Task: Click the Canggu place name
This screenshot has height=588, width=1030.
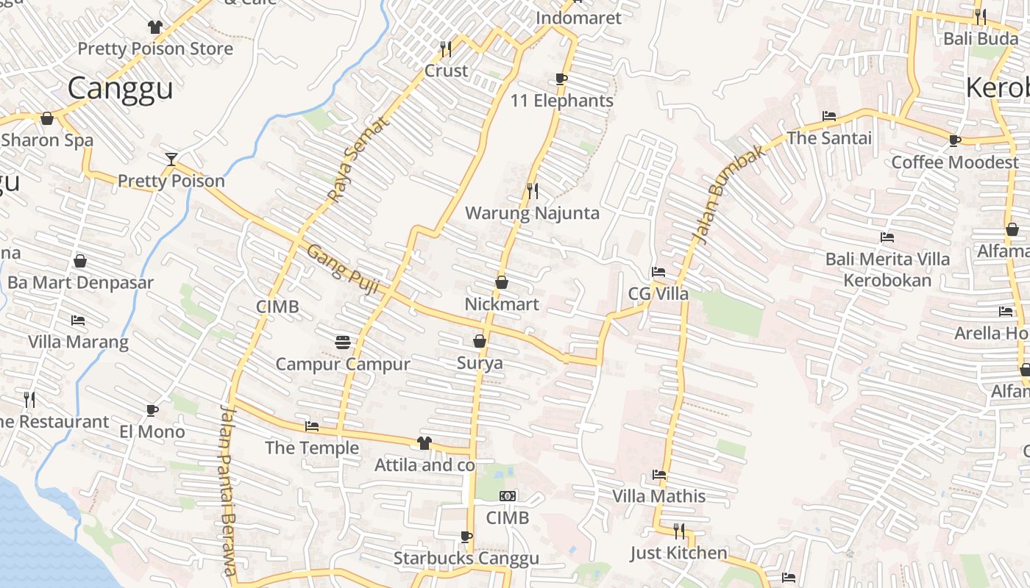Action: coord(121,88)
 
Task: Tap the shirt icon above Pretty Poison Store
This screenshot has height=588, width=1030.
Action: coord(154,27)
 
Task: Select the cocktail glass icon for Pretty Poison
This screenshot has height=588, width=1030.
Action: coord(171,159)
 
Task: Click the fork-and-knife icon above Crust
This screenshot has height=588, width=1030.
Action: coord(446,49)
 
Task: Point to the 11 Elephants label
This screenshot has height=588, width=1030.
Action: coord(562,101)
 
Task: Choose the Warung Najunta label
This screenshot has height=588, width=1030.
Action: coord(533,213)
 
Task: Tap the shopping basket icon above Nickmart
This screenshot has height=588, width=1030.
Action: coord(502,282)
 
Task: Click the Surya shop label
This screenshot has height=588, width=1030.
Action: coord(480,363)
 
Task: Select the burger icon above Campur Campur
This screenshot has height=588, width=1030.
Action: coord(342,342)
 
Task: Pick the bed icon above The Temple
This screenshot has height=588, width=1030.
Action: coord(312,426)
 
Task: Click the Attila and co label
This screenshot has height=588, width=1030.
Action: coord(425,465)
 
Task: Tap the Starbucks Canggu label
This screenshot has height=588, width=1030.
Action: coord(466,558)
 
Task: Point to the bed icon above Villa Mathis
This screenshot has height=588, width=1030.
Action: coord(659,475)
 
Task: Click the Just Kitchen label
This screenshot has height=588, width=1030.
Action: coord(678,553)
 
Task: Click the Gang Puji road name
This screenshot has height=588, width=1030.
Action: coord(342,270)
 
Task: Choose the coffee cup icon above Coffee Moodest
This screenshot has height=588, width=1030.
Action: coord(955,140)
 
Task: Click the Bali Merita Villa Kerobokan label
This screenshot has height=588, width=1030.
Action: coord(887,269)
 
